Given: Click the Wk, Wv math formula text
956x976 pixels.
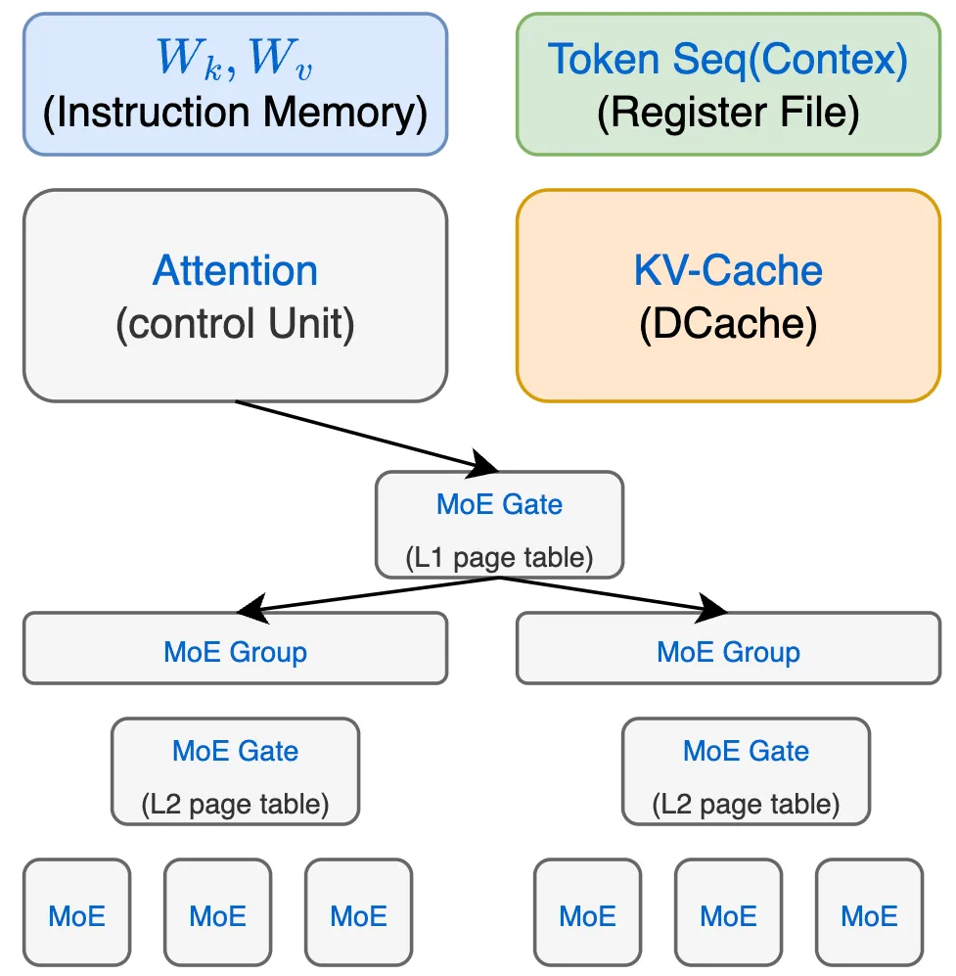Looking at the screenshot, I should [x=235, y=60].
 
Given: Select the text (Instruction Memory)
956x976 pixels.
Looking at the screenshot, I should [x=235, y=114].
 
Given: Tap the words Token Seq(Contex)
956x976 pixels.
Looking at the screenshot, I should [x=728, y=60].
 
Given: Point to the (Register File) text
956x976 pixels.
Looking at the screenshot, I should [x=728, y=114].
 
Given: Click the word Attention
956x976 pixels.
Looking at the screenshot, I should [x=235, y=270].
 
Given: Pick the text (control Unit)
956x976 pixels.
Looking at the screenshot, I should [x=235, y=324].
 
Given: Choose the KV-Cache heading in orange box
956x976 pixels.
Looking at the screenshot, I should [x=728, y=270].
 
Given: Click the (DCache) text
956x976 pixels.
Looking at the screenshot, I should [x=728, y=324].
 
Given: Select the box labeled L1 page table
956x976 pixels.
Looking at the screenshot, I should [x=499, y=525].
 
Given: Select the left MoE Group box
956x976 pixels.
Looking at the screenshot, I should [x=235, y=648].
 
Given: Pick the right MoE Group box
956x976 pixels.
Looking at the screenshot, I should [x=728, y=648].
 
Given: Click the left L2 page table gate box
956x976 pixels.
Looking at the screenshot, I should [x=235, y=772].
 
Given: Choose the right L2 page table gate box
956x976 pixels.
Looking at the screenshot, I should [x=746, y=772].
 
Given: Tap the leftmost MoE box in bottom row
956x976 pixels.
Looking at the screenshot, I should [x=77, y=912].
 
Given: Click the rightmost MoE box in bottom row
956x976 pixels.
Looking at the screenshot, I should [x=869, y=912].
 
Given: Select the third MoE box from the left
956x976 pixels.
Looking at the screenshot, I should [x=358, y=912].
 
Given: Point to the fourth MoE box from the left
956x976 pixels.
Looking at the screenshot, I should [x=587, y=912].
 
